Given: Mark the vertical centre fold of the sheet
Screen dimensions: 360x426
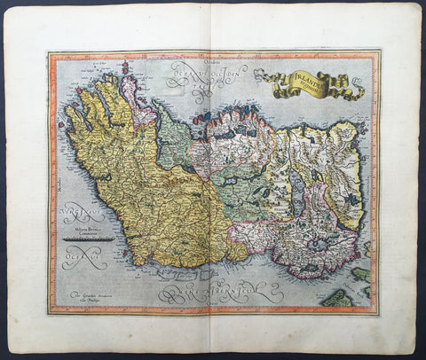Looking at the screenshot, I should (x=213, y=177).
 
